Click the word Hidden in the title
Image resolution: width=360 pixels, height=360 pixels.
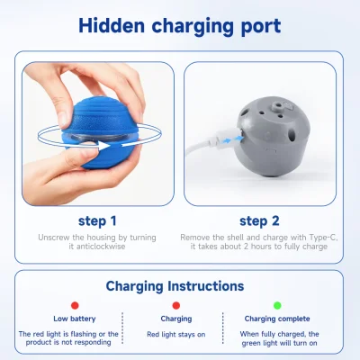point(112,26)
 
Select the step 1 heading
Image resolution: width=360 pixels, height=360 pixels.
point(97,221)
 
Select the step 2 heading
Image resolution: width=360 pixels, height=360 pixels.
point(259,221)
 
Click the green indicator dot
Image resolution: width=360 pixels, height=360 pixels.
point(277,305)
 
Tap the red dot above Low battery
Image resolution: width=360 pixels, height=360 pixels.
point(75,305)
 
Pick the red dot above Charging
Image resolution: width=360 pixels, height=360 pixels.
point(176,305)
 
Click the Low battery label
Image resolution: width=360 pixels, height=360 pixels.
point(75,319)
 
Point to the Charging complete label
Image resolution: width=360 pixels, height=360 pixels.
point(277,319)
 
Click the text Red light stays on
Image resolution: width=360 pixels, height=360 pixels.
point(176,335)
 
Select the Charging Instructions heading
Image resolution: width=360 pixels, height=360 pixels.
point(175,286)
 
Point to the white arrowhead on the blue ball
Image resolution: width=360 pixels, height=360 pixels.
point(103,146)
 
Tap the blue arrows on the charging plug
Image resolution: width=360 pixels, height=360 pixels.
point(233,139)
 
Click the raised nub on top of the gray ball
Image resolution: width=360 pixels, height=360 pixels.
point(276,105)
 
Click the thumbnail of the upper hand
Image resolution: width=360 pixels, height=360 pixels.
point(62,120)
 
